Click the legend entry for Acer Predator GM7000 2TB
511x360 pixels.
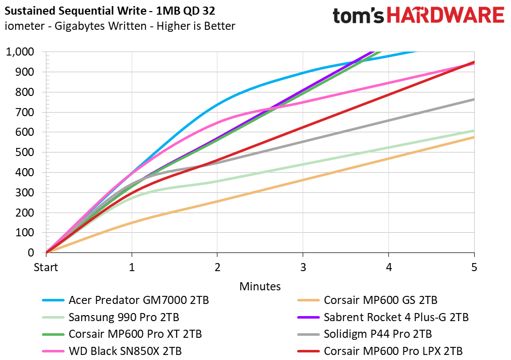[126, 300]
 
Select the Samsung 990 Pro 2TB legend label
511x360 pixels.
[111, 317]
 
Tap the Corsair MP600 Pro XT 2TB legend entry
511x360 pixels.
[122, 334]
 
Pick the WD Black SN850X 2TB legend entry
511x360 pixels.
[112, 351]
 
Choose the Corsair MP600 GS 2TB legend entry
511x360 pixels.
[367, 300]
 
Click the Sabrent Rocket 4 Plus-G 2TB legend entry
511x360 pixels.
[383, 317]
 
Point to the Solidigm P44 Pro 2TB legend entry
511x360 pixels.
[365, 334]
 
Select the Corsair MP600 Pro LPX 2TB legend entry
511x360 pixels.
[380, 351]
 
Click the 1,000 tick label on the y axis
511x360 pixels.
[20, 52]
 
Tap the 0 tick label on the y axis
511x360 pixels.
[31, 253]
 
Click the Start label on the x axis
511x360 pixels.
[46, 268]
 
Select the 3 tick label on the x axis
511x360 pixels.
[303, 268]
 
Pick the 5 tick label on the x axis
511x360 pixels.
[474, 268]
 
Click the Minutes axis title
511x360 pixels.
[260, 286]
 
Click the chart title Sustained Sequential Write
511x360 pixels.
[76, 11]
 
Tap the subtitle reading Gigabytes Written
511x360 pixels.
[100, 26]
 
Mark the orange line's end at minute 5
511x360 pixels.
[474, 137]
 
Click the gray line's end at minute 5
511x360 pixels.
[474, 99]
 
